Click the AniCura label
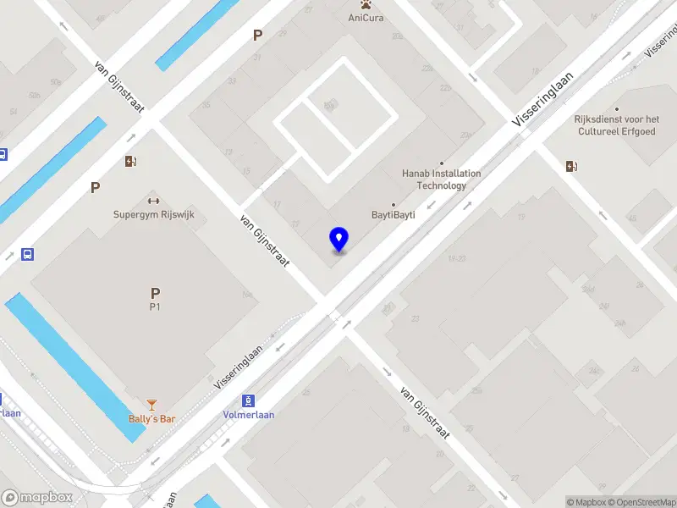366,18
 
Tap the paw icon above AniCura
366,4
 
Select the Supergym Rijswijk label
154,214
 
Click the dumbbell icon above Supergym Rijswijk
153,201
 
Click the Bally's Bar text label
151,418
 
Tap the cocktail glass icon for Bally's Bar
151,405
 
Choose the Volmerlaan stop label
248,414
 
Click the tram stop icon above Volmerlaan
248,400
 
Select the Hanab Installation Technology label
441,179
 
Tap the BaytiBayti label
394,215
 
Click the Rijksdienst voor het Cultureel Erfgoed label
616,125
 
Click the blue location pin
338,240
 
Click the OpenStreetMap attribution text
642,502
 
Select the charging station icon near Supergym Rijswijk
130,161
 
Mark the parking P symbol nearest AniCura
257,36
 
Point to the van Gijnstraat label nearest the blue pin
265,241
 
